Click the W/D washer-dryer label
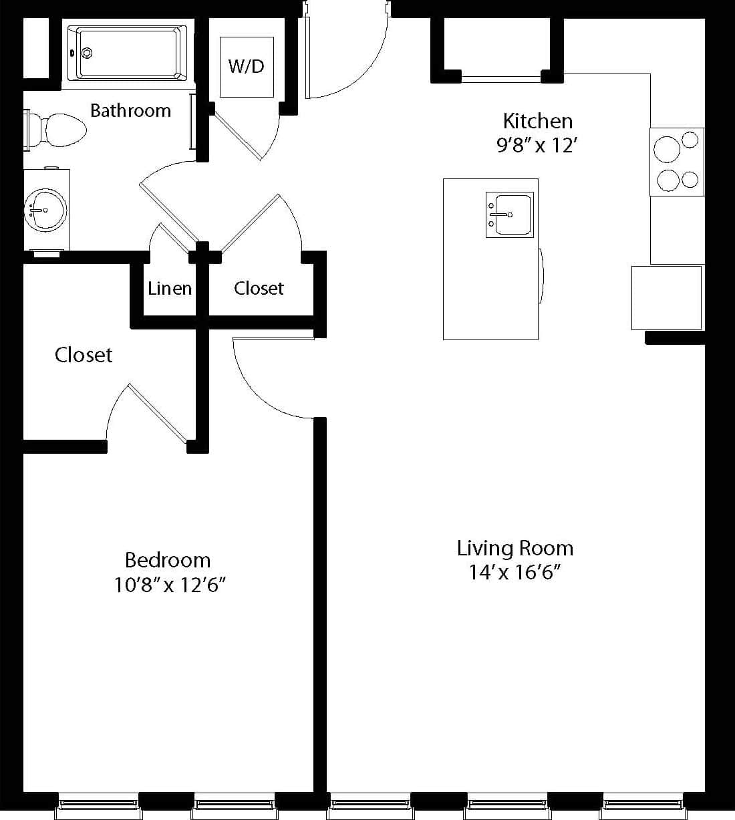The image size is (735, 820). pos(246,66)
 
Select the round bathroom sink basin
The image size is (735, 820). pos(45,210)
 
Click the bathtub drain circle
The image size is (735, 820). pos(87,53)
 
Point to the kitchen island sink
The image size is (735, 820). pos(510,215)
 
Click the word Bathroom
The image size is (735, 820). pos(130,111)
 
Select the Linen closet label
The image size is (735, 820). pos(170,289)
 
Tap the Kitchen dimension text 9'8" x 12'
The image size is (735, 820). pos(537,145)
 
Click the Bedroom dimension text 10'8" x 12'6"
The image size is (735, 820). pos(169,585)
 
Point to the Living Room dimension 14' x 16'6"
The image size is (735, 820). pos(514,573)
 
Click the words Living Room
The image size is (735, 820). pos(515,549)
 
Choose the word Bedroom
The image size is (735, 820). pos(168,561)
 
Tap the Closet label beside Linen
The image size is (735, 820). pos(259,289)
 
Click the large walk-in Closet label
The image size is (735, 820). pos(84,355)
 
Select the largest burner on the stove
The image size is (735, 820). pos(667,149)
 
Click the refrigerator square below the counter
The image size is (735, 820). pos(666,297)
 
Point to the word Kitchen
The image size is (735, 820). pos(538,121)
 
